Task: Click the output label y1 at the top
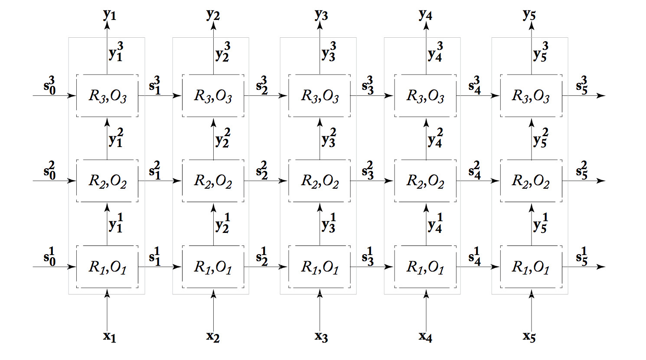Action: [x=109, y=15]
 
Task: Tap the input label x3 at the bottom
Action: [x=321, y=337]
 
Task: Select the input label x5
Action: [x=529, y=337]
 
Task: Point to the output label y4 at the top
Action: [x=425, y=15]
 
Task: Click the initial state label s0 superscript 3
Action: [x=49, y=85]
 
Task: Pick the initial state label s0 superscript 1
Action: [x=49, y=256]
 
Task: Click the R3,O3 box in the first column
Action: [x=108, y=96]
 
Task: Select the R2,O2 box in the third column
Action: [x=320, y=181]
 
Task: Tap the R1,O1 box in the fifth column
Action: [x=531, y=267]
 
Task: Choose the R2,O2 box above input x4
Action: [x=425, y=181]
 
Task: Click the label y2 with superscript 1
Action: [x=222, y=223]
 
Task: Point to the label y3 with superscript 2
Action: [x=329, y=137]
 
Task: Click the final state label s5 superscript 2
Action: [x=581, y=170]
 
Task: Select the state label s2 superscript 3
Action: [x=262, y=85]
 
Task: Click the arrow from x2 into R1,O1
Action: [x=213, y=312]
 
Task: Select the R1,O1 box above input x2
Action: [x=213, y=267]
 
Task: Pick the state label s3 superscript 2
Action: [x=368, y=170]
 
